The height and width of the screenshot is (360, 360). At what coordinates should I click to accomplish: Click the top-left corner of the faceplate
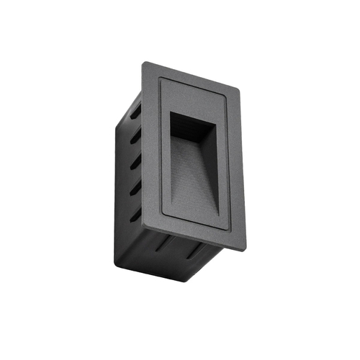pyautogui.click(x=143, y=63)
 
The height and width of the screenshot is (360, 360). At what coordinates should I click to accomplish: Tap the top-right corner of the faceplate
pyautogui.click(x=238, y=91)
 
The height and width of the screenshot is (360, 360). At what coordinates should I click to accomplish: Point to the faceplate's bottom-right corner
pyautogui.click(x=245, y=248)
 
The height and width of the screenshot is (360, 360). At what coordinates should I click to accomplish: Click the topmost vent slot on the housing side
pyautogui.click(x=136, y=112)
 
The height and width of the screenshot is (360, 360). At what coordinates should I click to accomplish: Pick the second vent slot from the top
pyautogui.click(x=136, y=137)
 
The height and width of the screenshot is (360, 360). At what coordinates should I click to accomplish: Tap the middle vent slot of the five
pyautogui.click(x=136, y=163)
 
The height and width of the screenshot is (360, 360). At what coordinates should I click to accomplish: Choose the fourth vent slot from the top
pyautogui.click(x=136, y=189)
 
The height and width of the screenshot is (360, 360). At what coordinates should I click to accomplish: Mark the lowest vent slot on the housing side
pyautogui.click(x=136, y=214)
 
